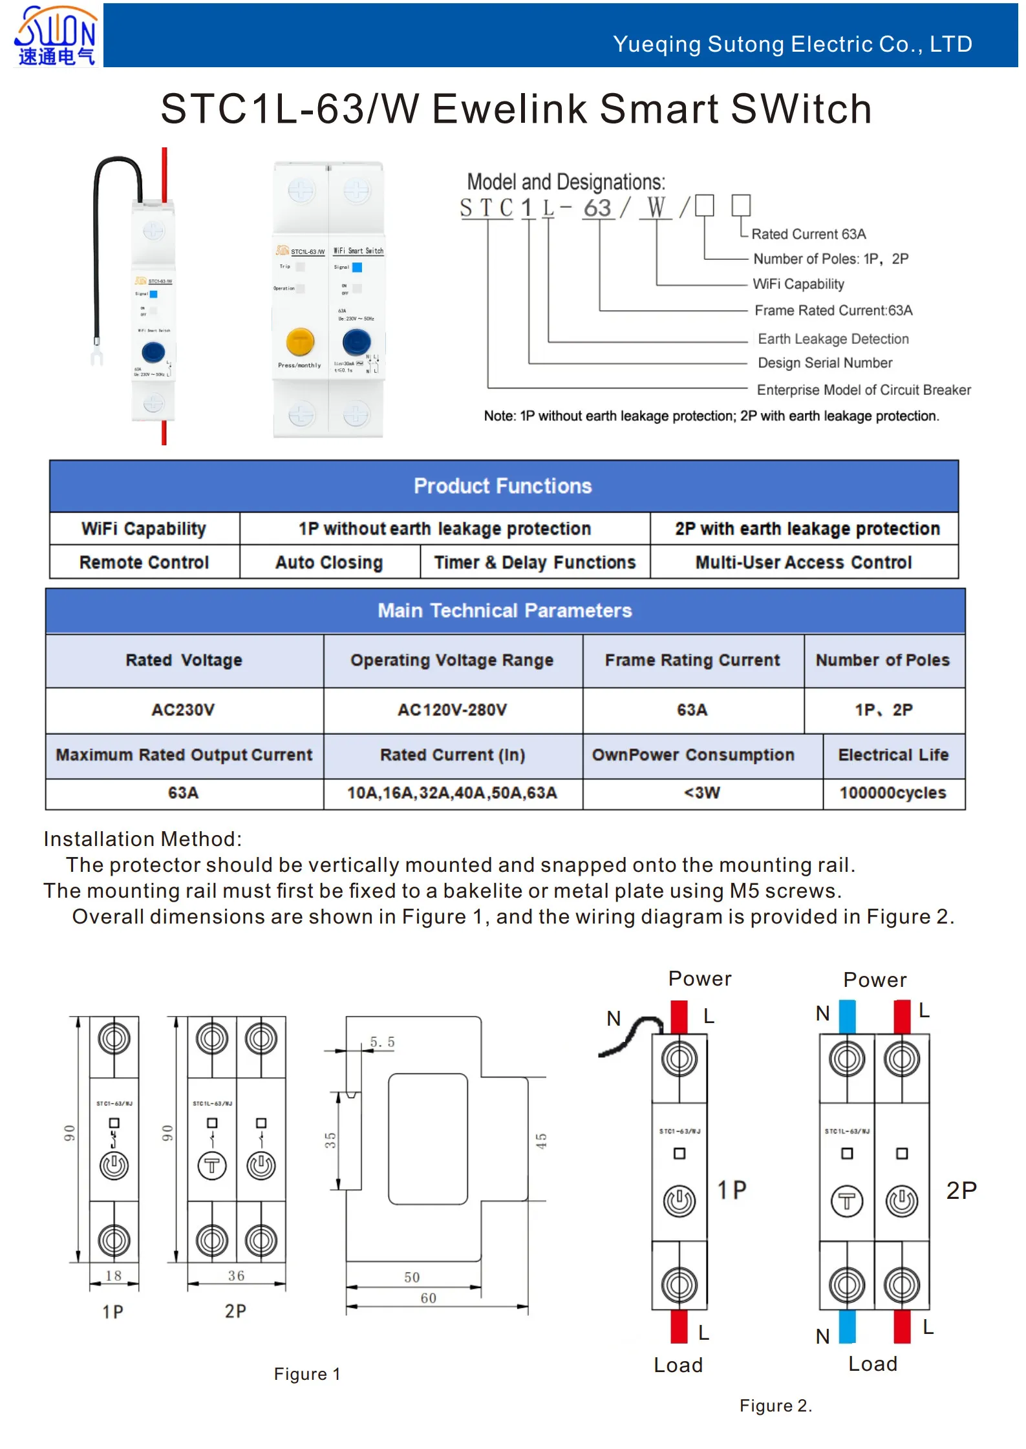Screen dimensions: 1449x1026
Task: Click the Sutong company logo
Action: (x=56, y=36)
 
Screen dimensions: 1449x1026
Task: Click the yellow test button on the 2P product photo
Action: (x=300, y=341)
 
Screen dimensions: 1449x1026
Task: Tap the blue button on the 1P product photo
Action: (x=153, y=352)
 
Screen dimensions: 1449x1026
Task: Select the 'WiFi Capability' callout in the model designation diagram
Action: (x=798, y=284)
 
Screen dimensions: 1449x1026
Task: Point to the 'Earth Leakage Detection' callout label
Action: (x=833, y=339)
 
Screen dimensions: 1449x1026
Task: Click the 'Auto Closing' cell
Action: (x=329, y=562)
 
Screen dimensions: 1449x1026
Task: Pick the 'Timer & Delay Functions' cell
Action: (x=535, y=562)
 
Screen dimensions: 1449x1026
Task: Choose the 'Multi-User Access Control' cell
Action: (x=803, y=562)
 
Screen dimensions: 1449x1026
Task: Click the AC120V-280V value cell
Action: (x=452, y=710)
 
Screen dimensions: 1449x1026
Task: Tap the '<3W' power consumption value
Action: (x=701, y=792)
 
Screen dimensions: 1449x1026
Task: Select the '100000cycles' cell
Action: (x=892, y=792)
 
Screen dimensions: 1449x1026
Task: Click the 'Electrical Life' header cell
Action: (x=893, y=755)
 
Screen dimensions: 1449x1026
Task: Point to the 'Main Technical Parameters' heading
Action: (x=504, y=610)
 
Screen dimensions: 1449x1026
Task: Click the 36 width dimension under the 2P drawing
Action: (x=236, y=1275)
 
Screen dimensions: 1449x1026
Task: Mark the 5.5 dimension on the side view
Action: (x=382, y=1042)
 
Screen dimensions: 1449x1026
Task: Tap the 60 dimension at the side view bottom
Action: (x=428, y=1298)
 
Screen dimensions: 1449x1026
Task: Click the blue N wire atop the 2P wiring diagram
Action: (x=847, y=1015)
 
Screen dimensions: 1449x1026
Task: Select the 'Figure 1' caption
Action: (x=307, y=1374)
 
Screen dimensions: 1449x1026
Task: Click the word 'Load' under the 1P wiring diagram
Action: (x=678, y=1365)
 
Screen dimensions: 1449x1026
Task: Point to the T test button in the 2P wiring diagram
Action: (x=846, y=1201)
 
